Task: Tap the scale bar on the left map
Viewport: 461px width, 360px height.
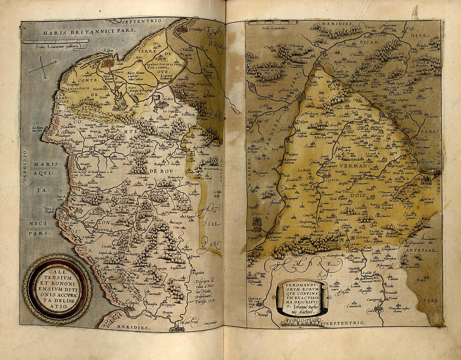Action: pos(56,41)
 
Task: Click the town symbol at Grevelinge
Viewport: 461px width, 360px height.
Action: pos(182,29)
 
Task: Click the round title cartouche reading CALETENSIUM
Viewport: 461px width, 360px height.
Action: pos(57,289)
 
